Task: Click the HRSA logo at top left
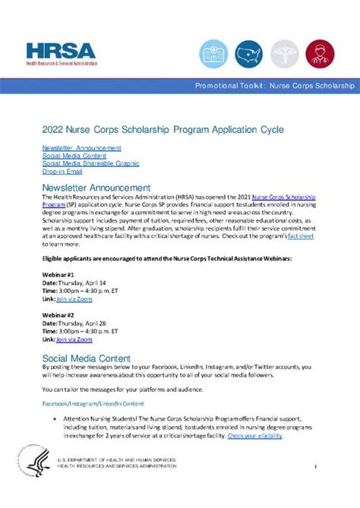click(x=61, y=53)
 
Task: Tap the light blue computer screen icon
click(x=213, y=52)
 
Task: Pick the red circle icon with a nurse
click(x=320, y=52)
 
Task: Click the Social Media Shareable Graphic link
click(x=90, y=163)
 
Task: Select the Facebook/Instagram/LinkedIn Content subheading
click(x=93, y=404)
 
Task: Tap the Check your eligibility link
click(x=255, y=437)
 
